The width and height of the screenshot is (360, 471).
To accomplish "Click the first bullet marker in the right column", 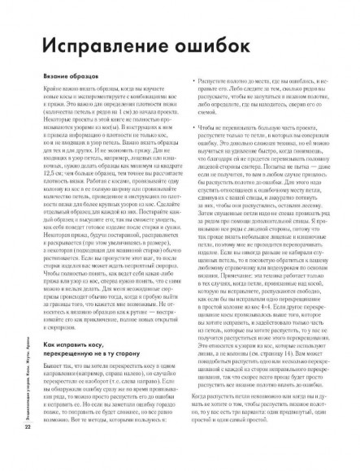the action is (190, 85).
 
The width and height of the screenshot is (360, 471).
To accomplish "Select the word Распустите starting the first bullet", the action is (212, 85).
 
